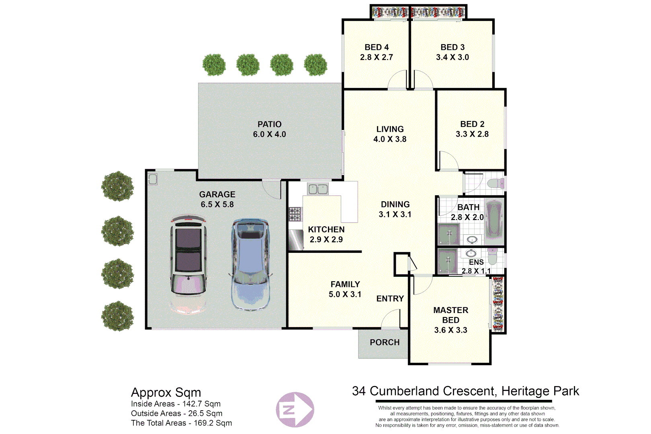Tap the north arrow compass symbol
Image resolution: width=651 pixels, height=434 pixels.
[x=295, y=409]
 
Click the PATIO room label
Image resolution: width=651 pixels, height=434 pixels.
[x=269, y=125]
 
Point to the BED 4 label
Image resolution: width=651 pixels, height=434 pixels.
[x=377, y=47]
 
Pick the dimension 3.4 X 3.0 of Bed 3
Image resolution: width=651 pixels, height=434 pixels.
[x=452, y=57]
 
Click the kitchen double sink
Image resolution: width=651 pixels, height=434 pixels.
[x=317, y=189]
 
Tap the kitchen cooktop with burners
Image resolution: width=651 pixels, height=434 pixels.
[x=295, y=214]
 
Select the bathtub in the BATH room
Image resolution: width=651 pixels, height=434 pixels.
[x=494, y=221]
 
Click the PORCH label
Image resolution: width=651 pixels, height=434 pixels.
[x=385, y=342]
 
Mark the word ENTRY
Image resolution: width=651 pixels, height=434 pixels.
[x=390, y=299]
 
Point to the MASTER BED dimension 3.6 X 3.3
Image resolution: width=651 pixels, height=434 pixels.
[x=450, y=330]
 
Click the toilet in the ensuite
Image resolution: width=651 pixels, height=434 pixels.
[x=493, y=256]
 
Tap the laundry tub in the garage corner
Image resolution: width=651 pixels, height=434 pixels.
[x=153, y=179]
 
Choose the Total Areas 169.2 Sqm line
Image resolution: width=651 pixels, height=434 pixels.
[x=181, y=423]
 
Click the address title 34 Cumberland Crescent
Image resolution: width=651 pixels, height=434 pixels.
[x=465, y=391]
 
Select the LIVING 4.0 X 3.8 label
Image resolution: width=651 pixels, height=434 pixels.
[x=390, y=134]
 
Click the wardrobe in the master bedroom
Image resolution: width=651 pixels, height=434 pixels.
[x=498, y=304]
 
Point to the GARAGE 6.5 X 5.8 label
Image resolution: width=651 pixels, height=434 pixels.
[x=217, y=199]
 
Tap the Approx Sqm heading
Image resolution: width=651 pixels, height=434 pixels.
[x=166, y=392]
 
